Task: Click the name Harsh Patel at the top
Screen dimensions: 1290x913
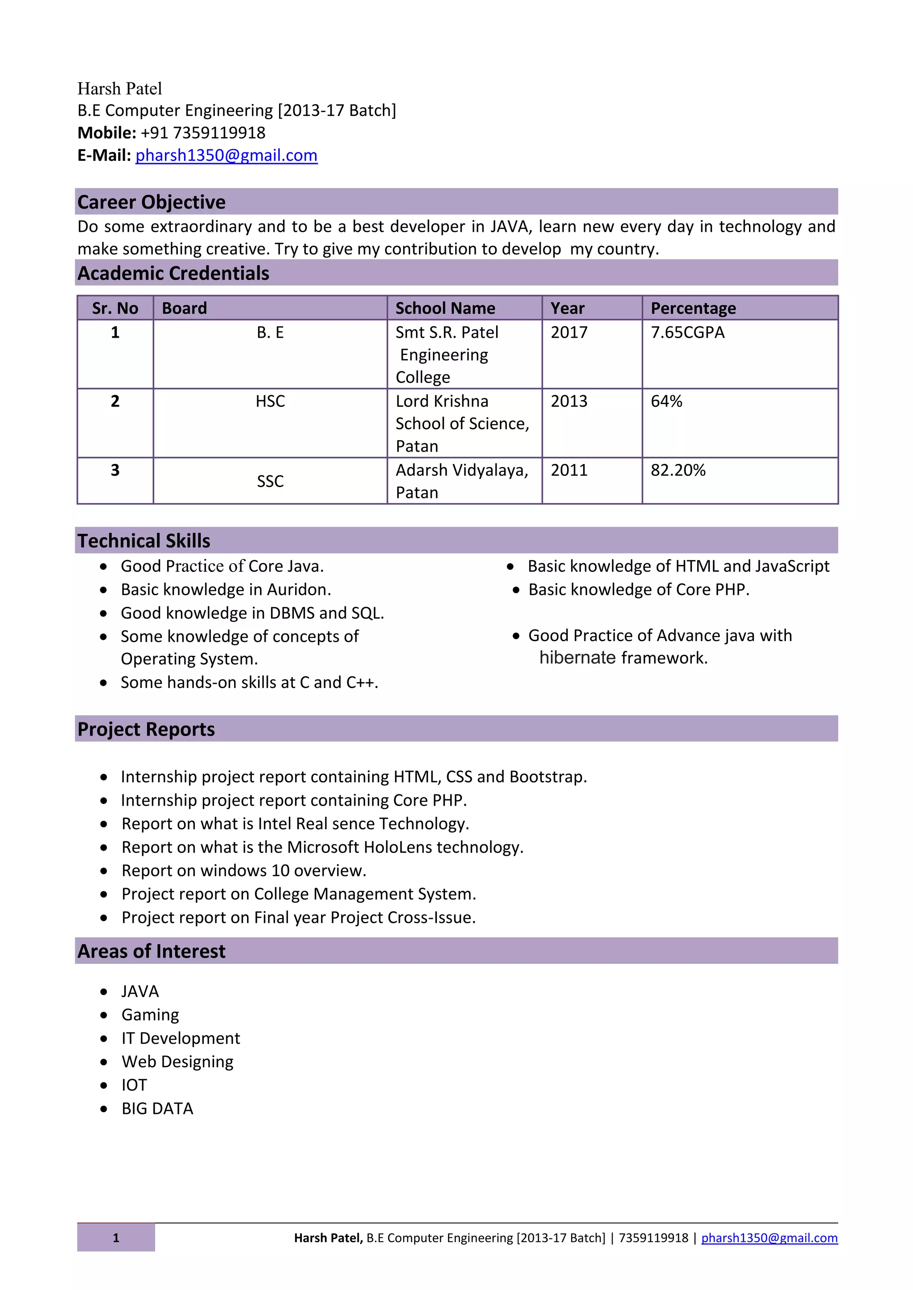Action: pos(120,89)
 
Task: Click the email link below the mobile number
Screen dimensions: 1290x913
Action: pos(226,155)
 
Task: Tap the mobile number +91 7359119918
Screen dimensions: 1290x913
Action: pos(202,133)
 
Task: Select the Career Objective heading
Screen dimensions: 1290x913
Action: pos(151,202)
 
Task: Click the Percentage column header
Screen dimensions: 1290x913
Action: pos(693,308)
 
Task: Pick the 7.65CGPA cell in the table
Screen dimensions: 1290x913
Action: pos(687,332)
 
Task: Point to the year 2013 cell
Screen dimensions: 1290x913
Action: pos(568,401)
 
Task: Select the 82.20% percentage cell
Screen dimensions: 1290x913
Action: pos(678,470)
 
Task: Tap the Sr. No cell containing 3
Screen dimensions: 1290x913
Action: pos(115,470)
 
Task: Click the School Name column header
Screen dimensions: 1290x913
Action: pos(445,308)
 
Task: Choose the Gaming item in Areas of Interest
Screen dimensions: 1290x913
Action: pos(150,1015)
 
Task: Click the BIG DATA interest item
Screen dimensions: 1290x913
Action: pos(157,1109)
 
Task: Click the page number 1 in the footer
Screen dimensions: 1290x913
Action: pos(116,1238)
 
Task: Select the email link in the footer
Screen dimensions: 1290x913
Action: pos(769,1238)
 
